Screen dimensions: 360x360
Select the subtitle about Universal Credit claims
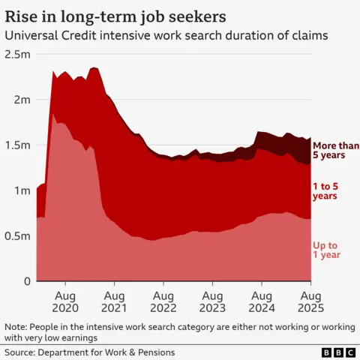tap(166, 35)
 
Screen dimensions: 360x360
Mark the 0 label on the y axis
tap(26, 281)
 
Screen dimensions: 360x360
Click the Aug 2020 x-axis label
tap(65, 301)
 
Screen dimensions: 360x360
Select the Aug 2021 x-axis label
tap(114, 301)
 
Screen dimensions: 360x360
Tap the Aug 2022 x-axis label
tap(163, 301)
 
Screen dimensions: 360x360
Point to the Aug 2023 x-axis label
tap(212, 301)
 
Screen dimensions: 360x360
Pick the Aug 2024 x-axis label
tap(261, 301)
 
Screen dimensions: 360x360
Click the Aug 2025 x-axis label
tap(310, 301)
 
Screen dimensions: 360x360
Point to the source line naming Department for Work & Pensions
tap(89, 352)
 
